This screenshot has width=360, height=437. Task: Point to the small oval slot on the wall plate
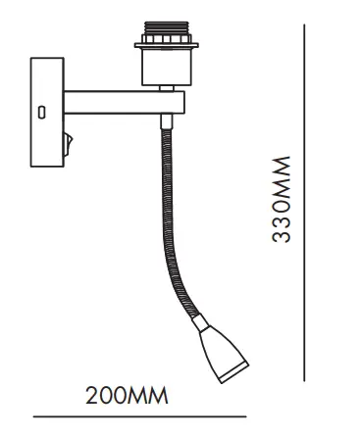(x=42, y=112)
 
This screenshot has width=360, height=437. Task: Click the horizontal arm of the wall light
(x=123, y=101)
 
